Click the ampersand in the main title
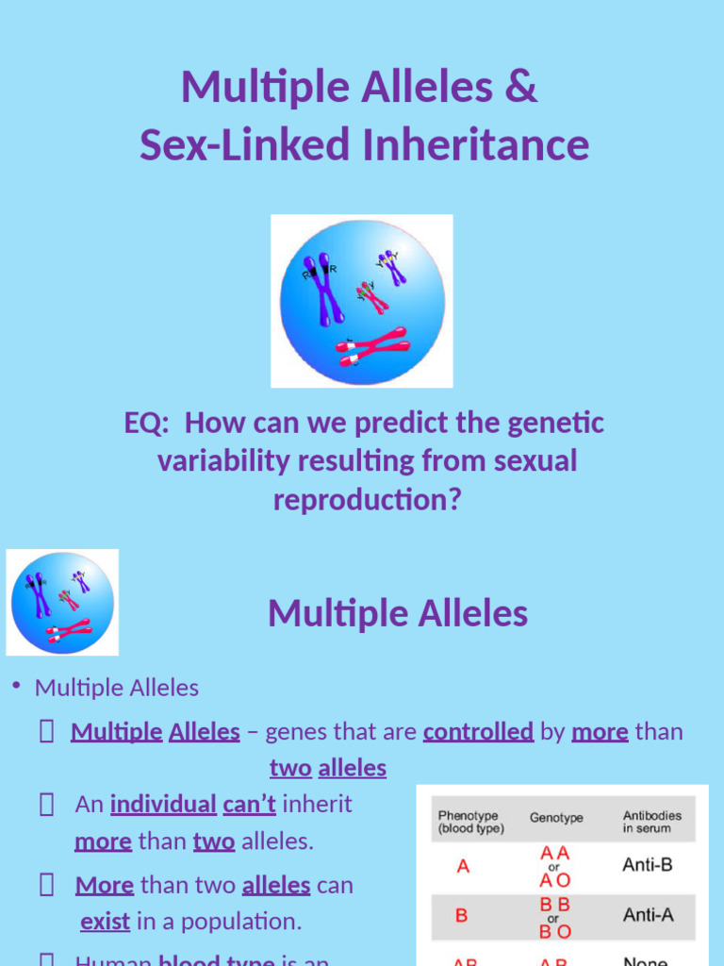coord(522,87)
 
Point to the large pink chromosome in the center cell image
coord(373,345)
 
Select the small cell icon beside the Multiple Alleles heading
coord(62,602)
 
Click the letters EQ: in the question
coord(147,423)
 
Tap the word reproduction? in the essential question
coord(368,500)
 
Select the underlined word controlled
coord(479,731)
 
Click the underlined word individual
coord(163,804)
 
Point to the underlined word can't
coord(249,804)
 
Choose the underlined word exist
coord(105,921)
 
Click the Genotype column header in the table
coord(556,818)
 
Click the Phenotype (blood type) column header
coord(470,822)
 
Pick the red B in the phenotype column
coord(462,915)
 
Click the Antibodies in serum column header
coord(651,822)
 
